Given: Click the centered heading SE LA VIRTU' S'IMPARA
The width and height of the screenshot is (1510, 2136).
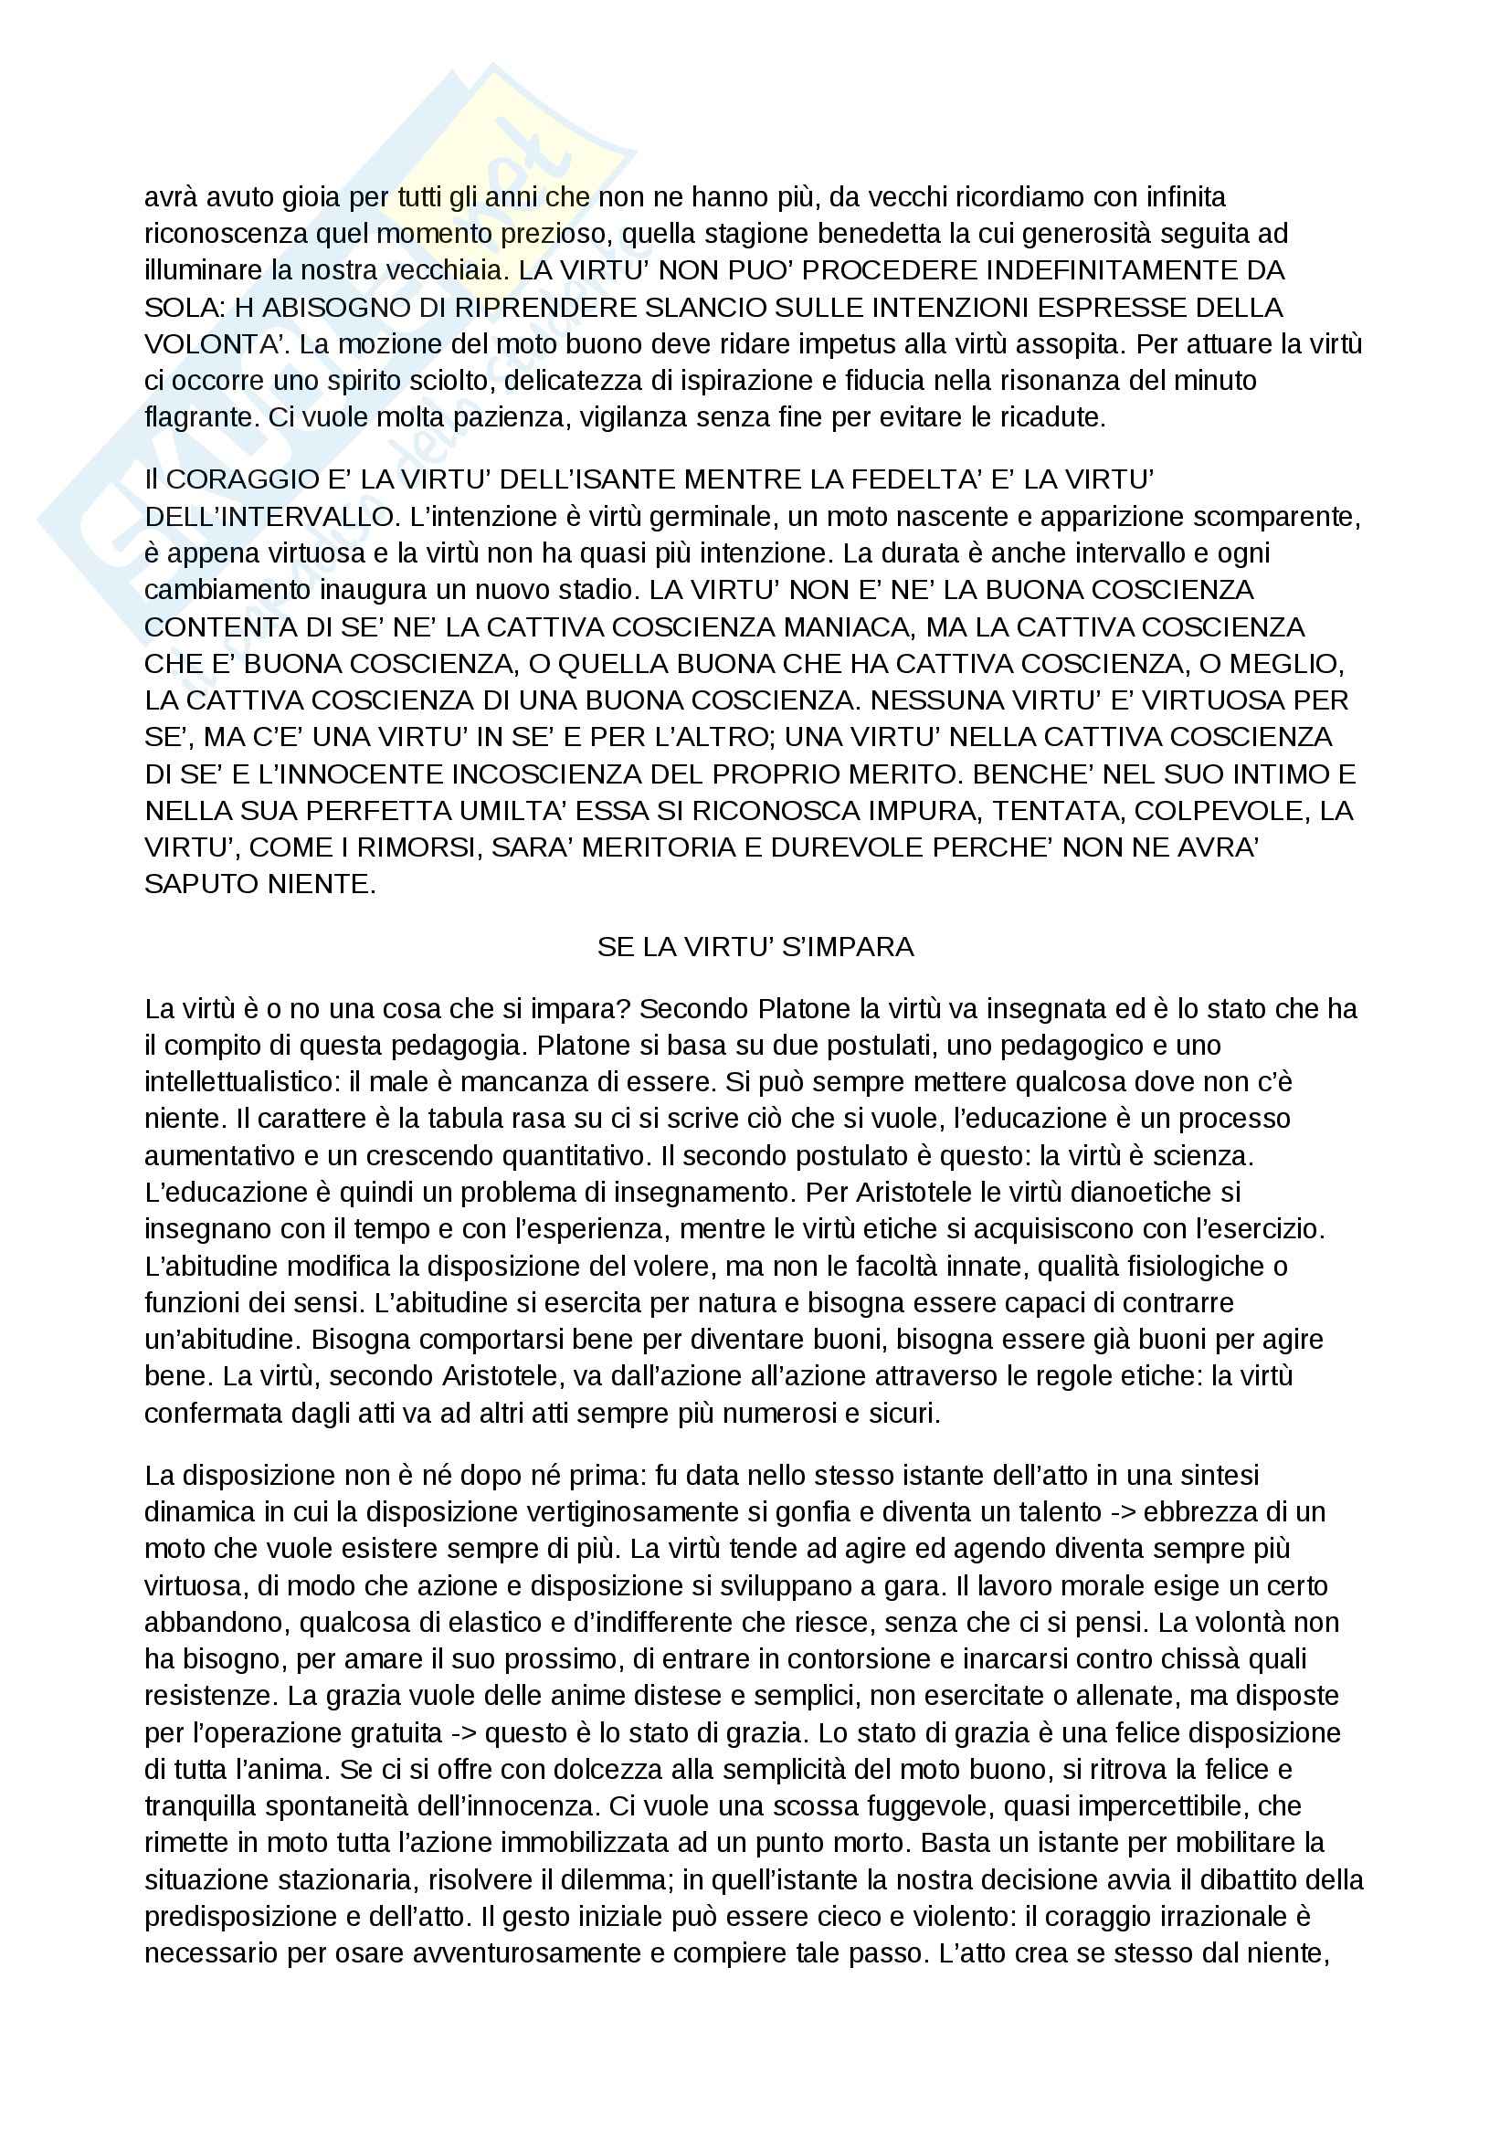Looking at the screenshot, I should pos(755,947).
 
